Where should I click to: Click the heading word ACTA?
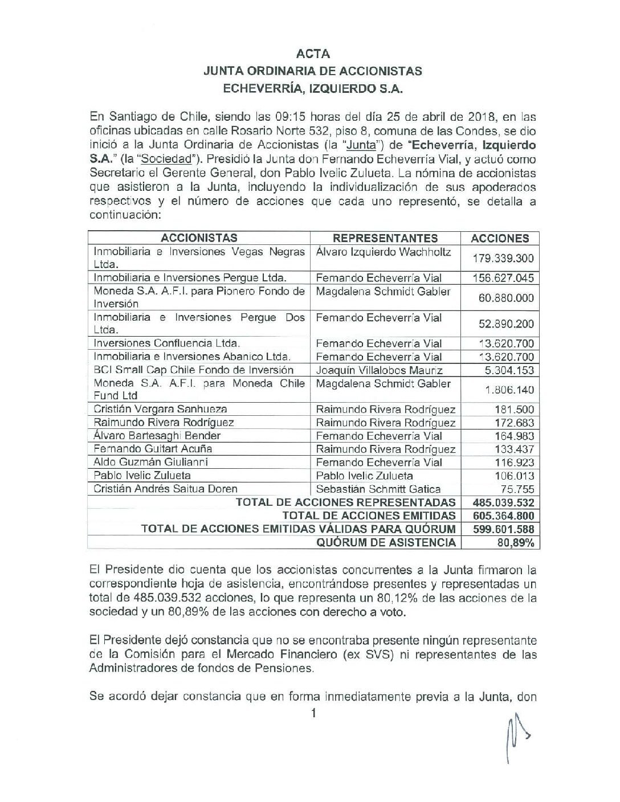tap(313, 54)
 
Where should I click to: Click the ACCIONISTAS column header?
tap(199, 238)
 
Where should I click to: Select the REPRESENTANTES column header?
tap(385, 238)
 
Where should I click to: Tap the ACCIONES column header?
tap(500, 239)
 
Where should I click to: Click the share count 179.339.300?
tap(503, 258)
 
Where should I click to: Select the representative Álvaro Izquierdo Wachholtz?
tap(383, 252)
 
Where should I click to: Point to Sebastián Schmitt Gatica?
tap(378, 489)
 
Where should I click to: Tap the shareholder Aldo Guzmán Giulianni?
tap(150, 462)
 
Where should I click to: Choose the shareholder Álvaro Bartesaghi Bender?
tap(157, 436)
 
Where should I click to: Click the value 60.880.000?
tap(503, 298)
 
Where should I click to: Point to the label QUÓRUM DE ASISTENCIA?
tap(386, 542)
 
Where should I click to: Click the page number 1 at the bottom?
tap(313, 713)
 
